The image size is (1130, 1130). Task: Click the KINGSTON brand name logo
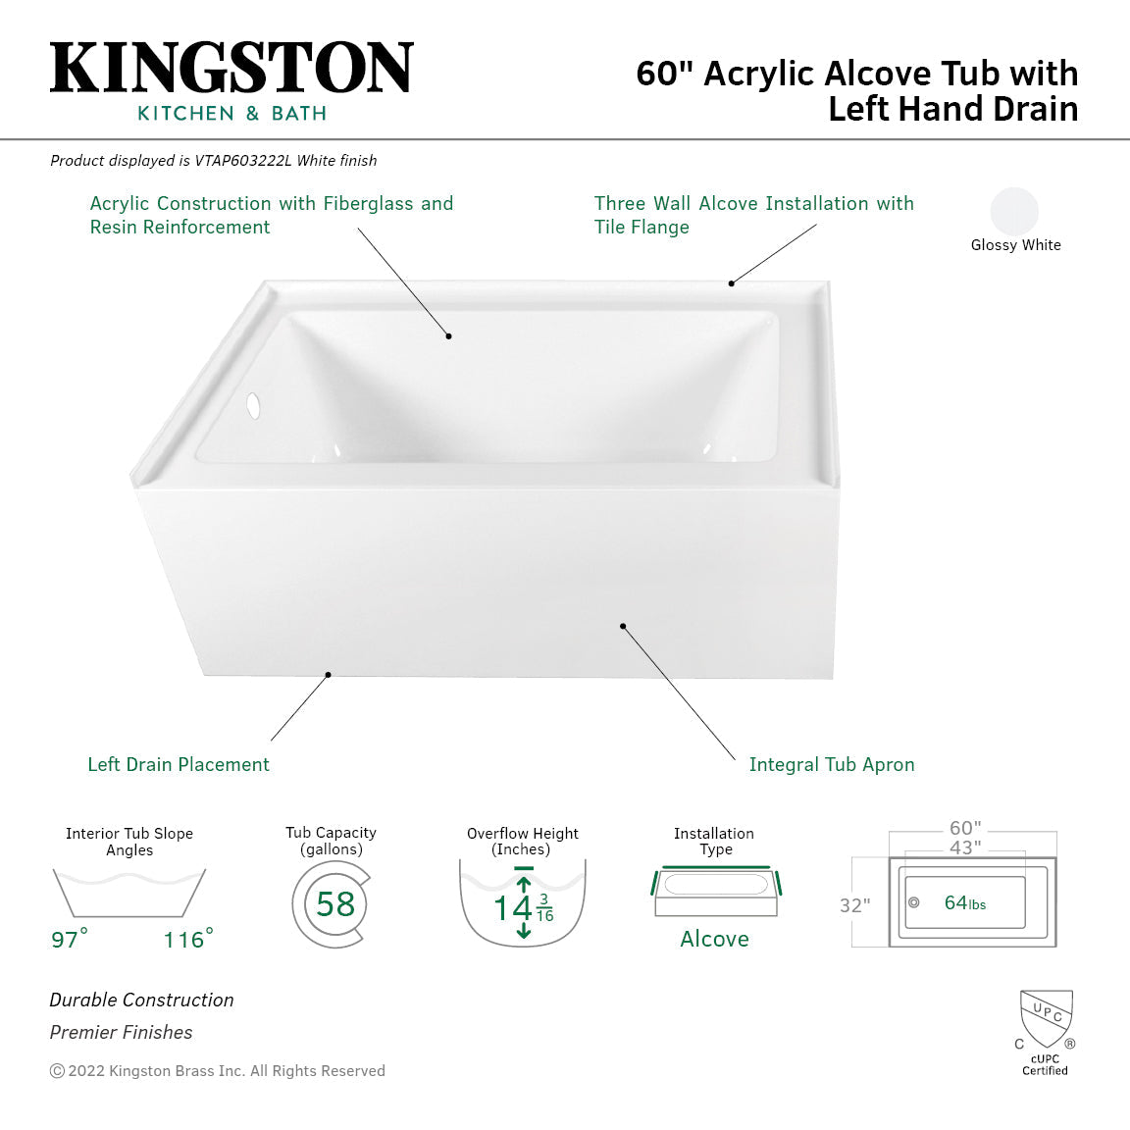[231, 69]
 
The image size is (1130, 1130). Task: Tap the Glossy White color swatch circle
[1014, 211]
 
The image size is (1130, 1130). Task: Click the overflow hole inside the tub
[254, 405]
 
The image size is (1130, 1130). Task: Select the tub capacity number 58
[334, 903]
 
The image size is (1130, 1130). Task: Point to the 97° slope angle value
[69, 940]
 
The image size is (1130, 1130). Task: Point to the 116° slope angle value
[187, 940]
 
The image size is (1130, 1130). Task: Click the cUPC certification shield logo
[1046, 1019]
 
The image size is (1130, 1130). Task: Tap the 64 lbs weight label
[964, 902]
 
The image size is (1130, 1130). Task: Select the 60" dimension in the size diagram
[965, 829]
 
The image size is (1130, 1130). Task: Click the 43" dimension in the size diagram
[965, 847]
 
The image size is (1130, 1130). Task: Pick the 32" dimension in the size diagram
[854, 905]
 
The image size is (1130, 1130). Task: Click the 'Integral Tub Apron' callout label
[831, 764]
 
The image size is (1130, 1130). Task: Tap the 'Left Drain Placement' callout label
[179, 764]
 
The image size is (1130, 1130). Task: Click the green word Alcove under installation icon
[714, 939]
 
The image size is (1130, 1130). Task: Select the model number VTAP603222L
[243, 161]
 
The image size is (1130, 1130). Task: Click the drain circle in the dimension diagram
[913, 902]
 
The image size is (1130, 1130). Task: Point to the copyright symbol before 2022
[57, 1071]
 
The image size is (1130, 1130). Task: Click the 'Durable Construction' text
[142, 1000]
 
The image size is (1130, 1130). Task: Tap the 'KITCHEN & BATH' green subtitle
[231, 114]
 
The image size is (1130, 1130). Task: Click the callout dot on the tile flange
[731, 283]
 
